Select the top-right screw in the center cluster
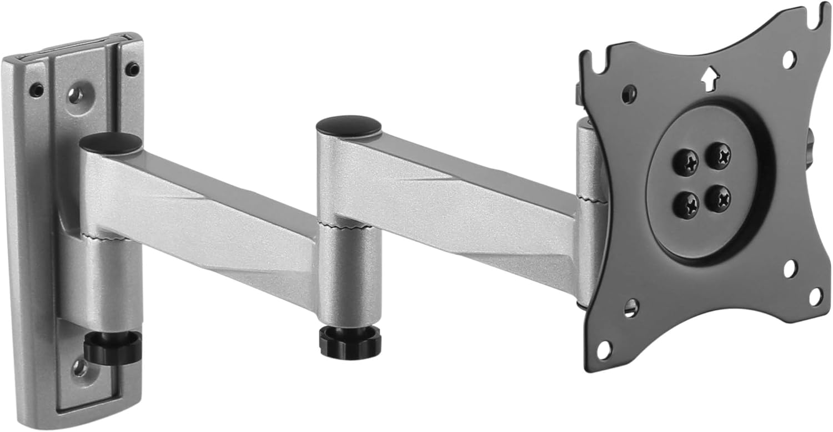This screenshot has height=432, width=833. coord(721,156)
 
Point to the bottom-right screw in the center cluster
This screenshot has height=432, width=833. coord(721,198)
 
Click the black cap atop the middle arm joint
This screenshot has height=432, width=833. coord(349,124)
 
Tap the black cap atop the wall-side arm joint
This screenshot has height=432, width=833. coord(111,143)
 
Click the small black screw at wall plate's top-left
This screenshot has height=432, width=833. coord(36,90)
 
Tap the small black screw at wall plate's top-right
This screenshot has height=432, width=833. coord(132,69)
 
